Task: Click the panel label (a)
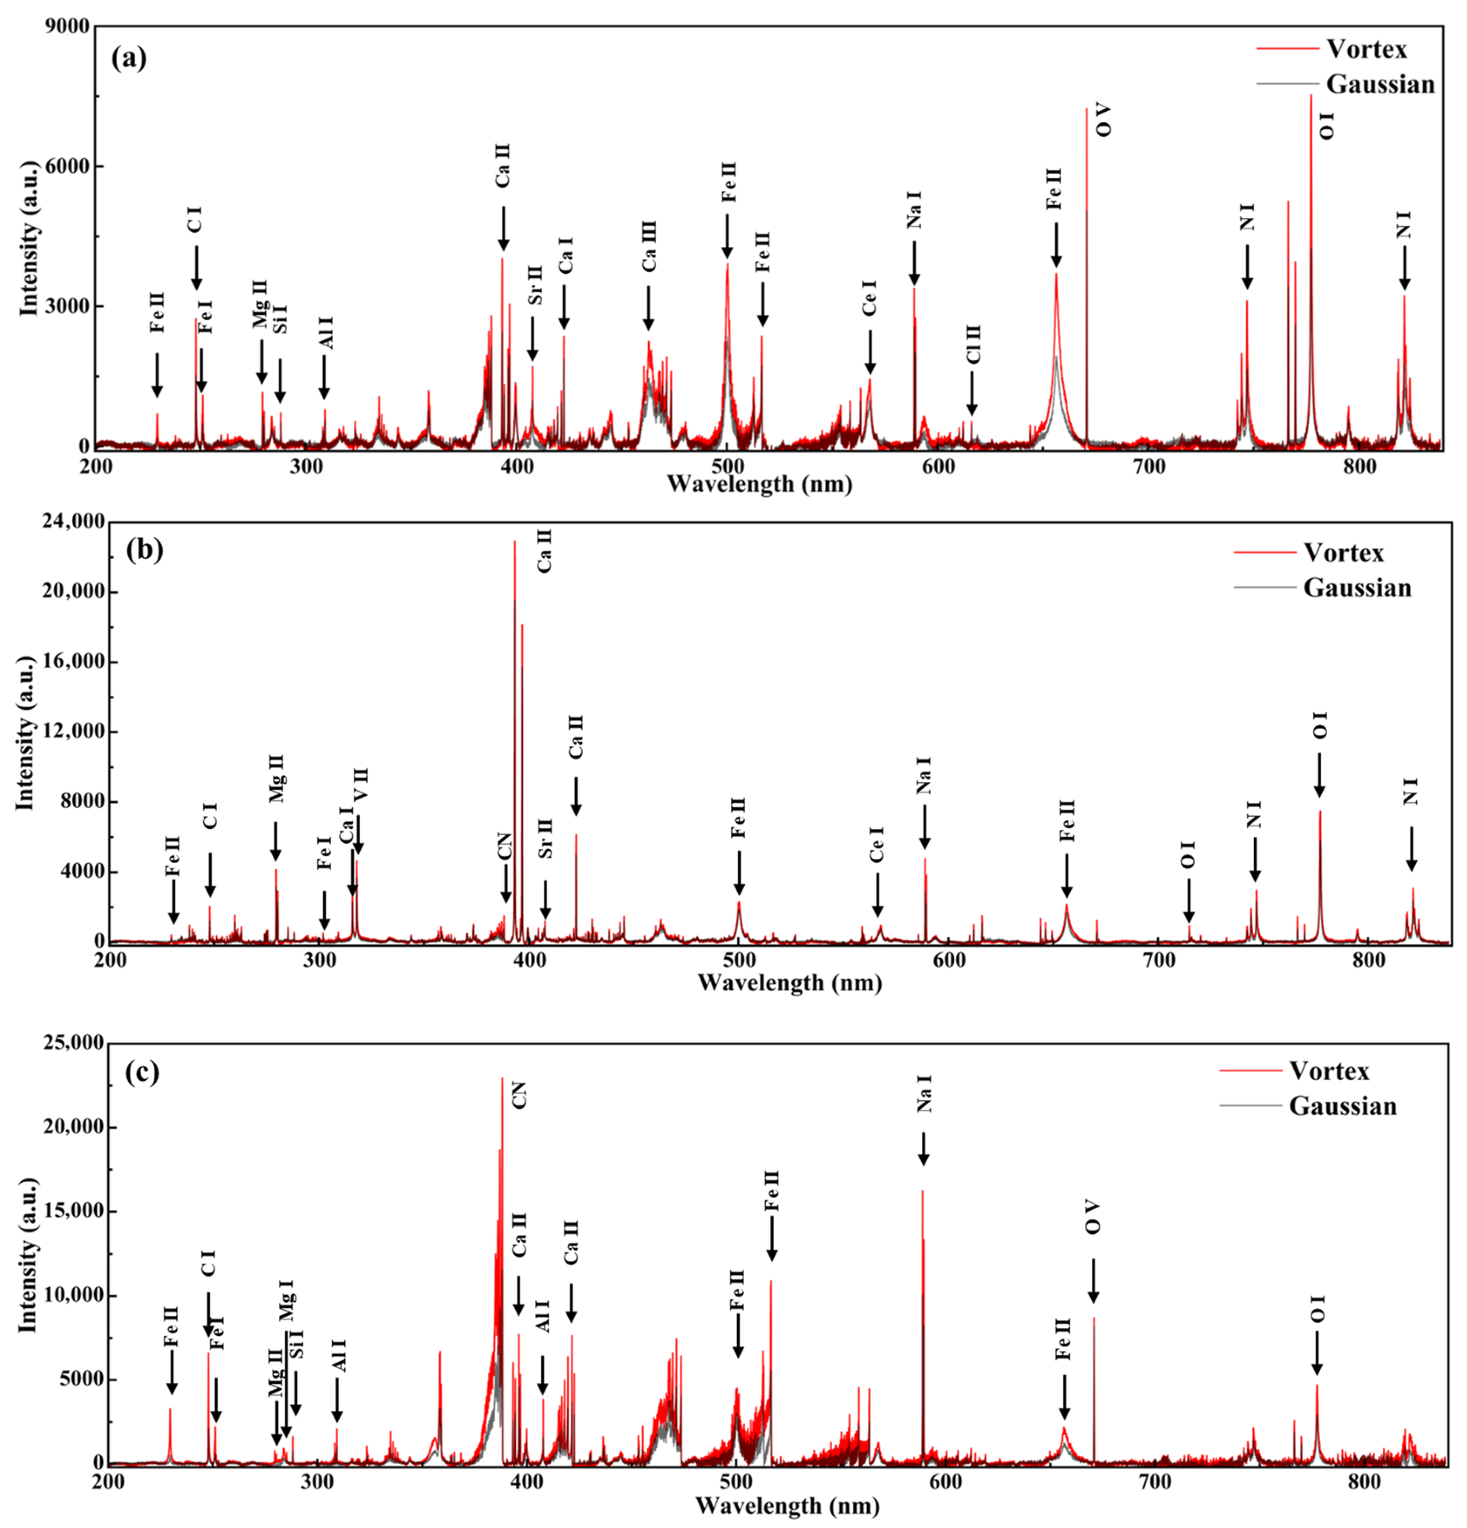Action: (129, 58)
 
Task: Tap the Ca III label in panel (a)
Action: (649, 246)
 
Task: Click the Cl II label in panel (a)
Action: (973, 344)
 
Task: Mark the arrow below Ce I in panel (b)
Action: (877, 895)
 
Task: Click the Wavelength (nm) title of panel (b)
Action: (789, 982)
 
